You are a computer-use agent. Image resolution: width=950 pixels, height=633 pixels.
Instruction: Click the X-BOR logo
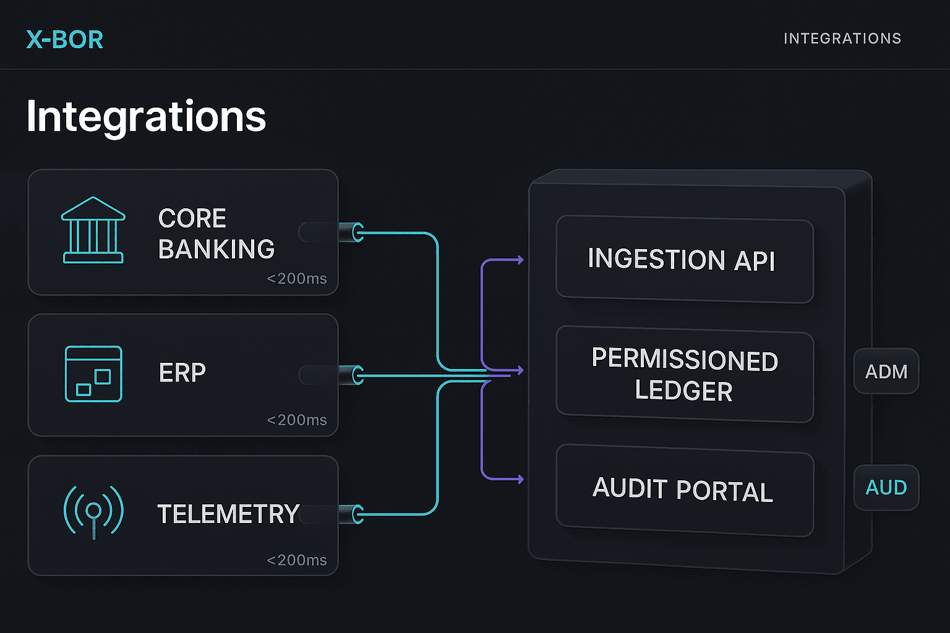pyautogui.click(x=65, y=40)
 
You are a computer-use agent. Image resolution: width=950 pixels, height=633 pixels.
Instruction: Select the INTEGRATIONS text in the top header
pyautogui.click(x=842, y=38)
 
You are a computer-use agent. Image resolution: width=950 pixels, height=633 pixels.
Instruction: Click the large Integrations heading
pyautogui.click(x=146, y=116)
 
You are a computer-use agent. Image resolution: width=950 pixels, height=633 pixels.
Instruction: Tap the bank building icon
pyautogui.click(x=93, y=231)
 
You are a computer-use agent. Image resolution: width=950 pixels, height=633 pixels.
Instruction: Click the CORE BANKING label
pyautogui.click(x=216, y=234)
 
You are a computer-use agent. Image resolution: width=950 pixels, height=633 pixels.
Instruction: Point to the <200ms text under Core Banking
pyautogui.click(x=297, y=279)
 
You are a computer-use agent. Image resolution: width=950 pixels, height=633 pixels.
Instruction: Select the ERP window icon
pyautogui.click(x=93, y=374)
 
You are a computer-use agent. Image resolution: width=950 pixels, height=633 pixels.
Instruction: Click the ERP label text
pyautogui.click(x=182, y=373)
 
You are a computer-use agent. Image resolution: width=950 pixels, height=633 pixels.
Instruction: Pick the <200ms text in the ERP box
pyautogui.click(x=297, y=420)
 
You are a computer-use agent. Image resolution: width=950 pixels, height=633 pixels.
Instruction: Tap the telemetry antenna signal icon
pyautogui.click(x=93, y=511)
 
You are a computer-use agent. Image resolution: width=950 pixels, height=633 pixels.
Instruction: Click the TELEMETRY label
pyautogui.click(x=228, y=514)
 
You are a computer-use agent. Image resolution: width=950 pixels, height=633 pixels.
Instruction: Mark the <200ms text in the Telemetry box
pyautogui.click(x=297, y=560)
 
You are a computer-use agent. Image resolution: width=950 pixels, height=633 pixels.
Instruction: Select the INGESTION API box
pyautogui.click(x=684, y=259)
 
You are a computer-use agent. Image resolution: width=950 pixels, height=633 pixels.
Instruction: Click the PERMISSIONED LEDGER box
pyautogui.click(x=684, y=375)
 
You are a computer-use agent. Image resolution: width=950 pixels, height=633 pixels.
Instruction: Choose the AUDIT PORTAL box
pyautogui.click(x=684, y=490)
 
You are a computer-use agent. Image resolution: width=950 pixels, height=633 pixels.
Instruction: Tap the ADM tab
pyautogui.click(x=886, y=372)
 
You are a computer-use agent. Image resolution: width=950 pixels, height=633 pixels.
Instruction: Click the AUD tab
pyautogui.click(x=886, y=488)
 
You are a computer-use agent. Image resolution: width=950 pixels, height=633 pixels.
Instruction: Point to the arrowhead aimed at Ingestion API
pyautogui.click(x=520, y=260)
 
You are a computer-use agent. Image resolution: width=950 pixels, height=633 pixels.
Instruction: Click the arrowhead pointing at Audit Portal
pyautogui.click(x=520, y=479)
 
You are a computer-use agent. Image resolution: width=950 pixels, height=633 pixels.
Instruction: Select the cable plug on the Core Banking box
pyautogui.click(x=351, y=232)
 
